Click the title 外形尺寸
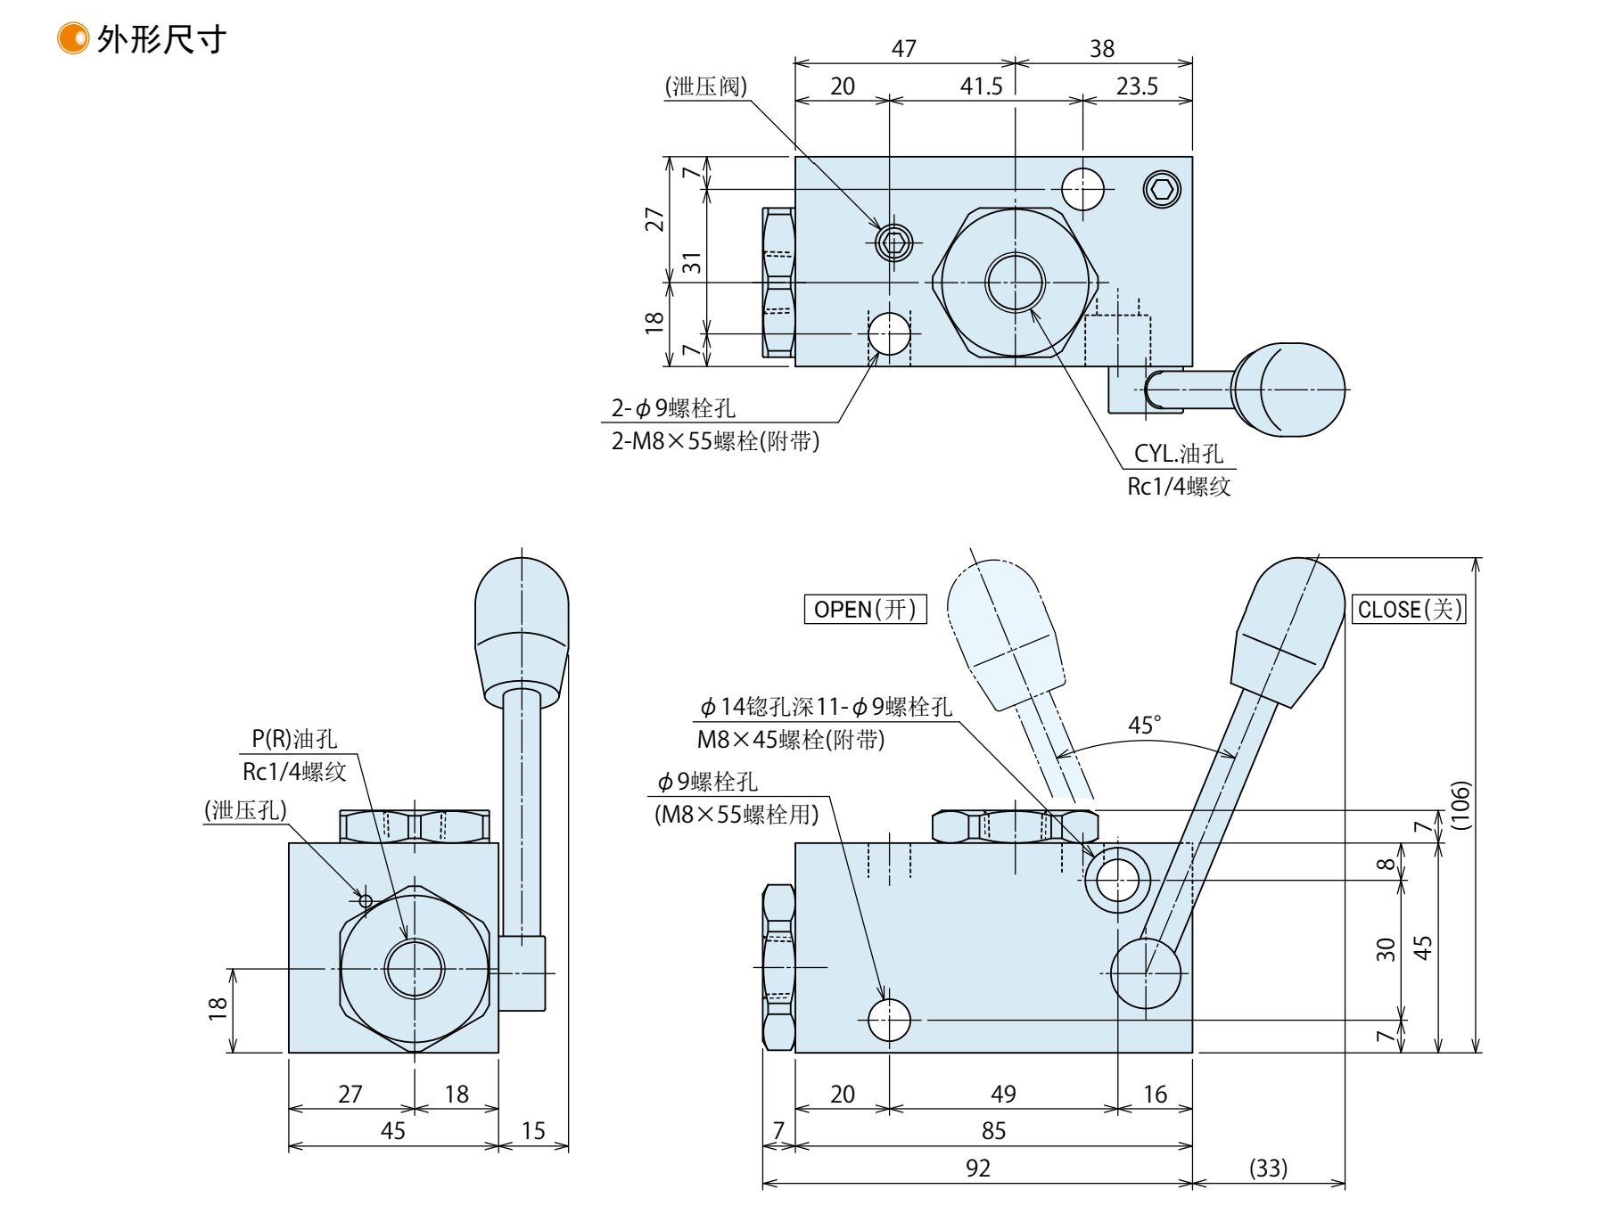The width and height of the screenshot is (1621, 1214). pos(161,39)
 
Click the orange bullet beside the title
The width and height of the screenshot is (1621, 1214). pos(73,38)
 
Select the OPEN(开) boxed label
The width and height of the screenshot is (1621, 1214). pos(865,609)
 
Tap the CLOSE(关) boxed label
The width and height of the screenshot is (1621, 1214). pos(1409,609)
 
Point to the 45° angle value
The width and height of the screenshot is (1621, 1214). pos(1145,725)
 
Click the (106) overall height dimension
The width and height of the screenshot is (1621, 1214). pos(1460,805)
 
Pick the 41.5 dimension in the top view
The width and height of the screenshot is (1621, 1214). pos(982,86)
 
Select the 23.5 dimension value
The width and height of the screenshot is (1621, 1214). pos(1137,86)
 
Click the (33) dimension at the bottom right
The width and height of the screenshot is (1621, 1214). pos(1268,1168)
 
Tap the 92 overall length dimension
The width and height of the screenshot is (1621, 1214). pos(978,1168)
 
